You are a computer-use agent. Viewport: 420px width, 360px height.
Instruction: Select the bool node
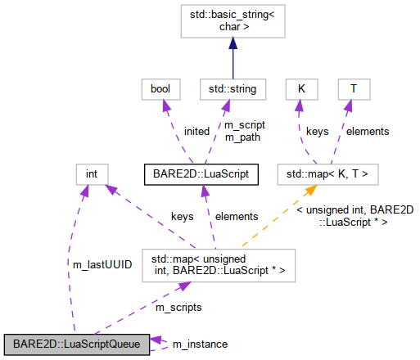pos(154,88)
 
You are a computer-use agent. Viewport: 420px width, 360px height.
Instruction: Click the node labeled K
pos(300,88)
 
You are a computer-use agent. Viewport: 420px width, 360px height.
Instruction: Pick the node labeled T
pos(353,88)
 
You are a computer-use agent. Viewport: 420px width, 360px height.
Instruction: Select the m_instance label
pos(200,344)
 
